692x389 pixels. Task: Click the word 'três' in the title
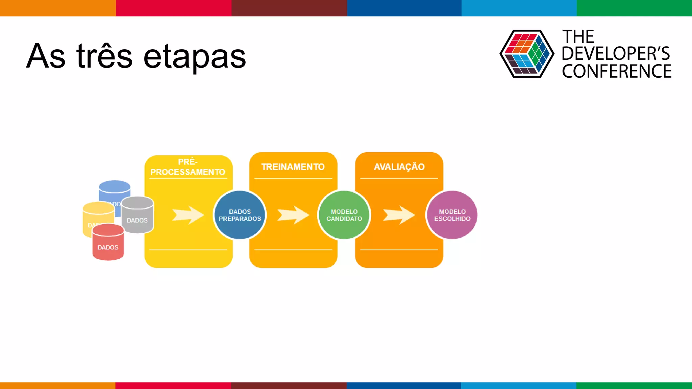104,57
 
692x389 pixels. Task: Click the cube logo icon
526,54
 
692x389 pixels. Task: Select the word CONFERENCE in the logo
616,72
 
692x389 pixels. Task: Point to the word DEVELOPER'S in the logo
616,54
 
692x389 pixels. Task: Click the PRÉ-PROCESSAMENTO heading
188,167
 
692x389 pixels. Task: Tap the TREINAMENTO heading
293,167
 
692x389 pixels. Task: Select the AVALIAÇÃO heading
399,167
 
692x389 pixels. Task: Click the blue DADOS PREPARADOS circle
240,215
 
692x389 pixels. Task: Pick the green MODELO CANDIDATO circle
344,215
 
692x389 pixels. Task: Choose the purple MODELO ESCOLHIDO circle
452,215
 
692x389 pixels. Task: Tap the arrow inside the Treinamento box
293,215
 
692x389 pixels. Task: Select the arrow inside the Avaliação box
399,215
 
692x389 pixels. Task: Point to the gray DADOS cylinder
138,216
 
